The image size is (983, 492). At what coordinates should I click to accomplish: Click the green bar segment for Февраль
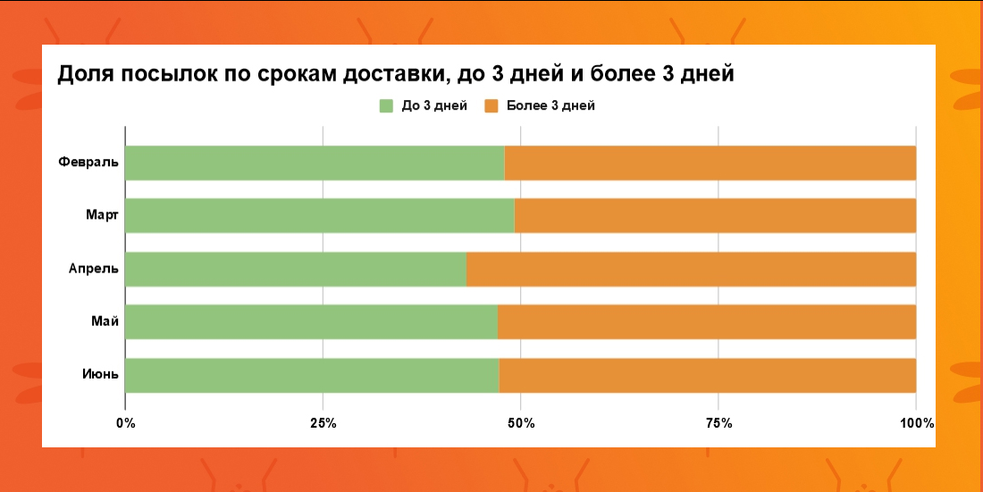click(315, 163)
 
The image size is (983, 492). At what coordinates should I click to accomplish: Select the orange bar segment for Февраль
click(710, 163)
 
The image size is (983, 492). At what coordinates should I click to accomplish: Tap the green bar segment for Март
click(320, 216)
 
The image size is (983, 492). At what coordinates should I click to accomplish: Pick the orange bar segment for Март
click(715, 216)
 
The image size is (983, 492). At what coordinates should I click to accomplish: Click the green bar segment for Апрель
click(296, 269)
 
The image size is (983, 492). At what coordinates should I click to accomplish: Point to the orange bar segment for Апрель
click(691, 269)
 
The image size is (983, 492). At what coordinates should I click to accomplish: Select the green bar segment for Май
click(311, 322)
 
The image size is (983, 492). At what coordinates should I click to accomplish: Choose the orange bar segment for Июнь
click(707, 375)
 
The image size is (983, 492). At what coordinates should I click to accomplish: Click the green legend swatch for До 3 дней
click(387, 106)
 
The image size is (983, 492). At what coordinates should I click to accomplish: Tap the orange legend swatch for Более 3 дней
click(491, 106)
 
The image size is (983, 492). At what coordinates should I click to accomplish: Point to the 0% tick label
click(126, 423)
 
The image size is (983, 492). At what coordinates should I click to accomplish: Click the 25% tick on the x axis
click(323, 423)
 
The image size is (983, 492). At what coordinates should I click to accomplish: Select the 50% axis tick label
click(521, 423)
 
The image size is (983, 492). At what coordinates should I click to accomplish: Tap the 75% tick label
click(718, 423)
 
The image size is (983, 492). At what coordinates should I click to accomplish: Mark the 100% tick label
click(916, 423)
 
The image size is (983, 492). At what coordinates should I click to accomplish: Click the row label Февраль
click(88, 163)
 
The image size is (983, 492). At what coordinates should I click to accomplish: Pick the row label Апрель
click(93, 269)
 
